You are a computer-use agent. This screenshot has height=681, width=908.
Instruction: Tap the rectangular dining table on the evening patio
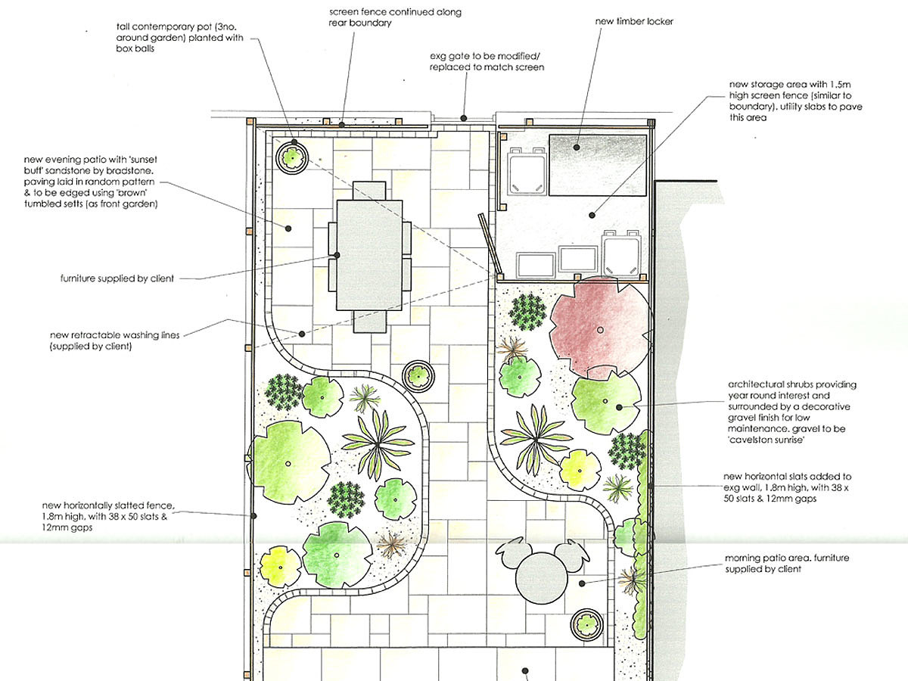369,255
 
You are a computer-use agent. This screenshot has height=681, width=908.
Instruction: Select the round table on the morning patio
542,578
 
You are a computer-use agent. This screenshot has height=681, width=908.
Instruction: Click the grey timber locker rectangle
598,165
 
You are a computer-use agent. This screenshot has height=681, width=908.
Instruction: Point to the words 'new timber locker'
634,21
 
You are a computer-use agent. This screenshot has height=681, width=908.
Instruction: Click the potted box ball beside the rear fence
292,157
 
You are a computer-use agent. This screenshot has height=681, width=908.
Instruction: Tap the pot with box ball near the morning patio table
586,624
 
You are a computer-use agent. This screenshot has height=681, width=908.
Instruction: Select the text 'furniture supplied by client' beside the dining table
117,278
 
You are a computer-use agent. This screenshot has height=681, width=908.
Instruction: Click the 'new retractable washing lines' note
114,340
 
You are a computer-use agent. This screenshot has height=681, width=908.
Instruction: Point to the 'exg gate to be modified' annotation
487,61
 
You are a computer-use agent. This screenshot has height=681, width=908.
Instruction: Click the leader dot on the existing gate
464,118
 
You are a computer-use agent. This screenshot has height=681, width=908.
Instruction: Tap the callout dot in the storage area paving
592,215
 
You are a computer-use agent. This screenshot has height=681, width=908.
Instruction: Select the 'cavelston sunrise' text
766,440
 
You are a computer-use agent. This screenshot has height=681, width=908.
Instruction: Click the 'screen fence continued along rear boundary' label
395,17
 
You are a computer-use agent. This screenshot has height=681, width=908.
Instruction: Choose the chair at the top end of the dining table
369,191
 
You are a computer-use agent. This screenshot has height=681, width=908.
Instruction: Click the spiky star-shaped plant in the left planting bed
378,444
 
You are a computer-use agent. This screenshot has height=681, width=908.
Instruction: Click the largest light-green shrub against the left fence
289,462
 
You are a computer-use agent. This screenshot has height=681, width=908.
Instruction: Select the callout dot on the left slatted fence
253,516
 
